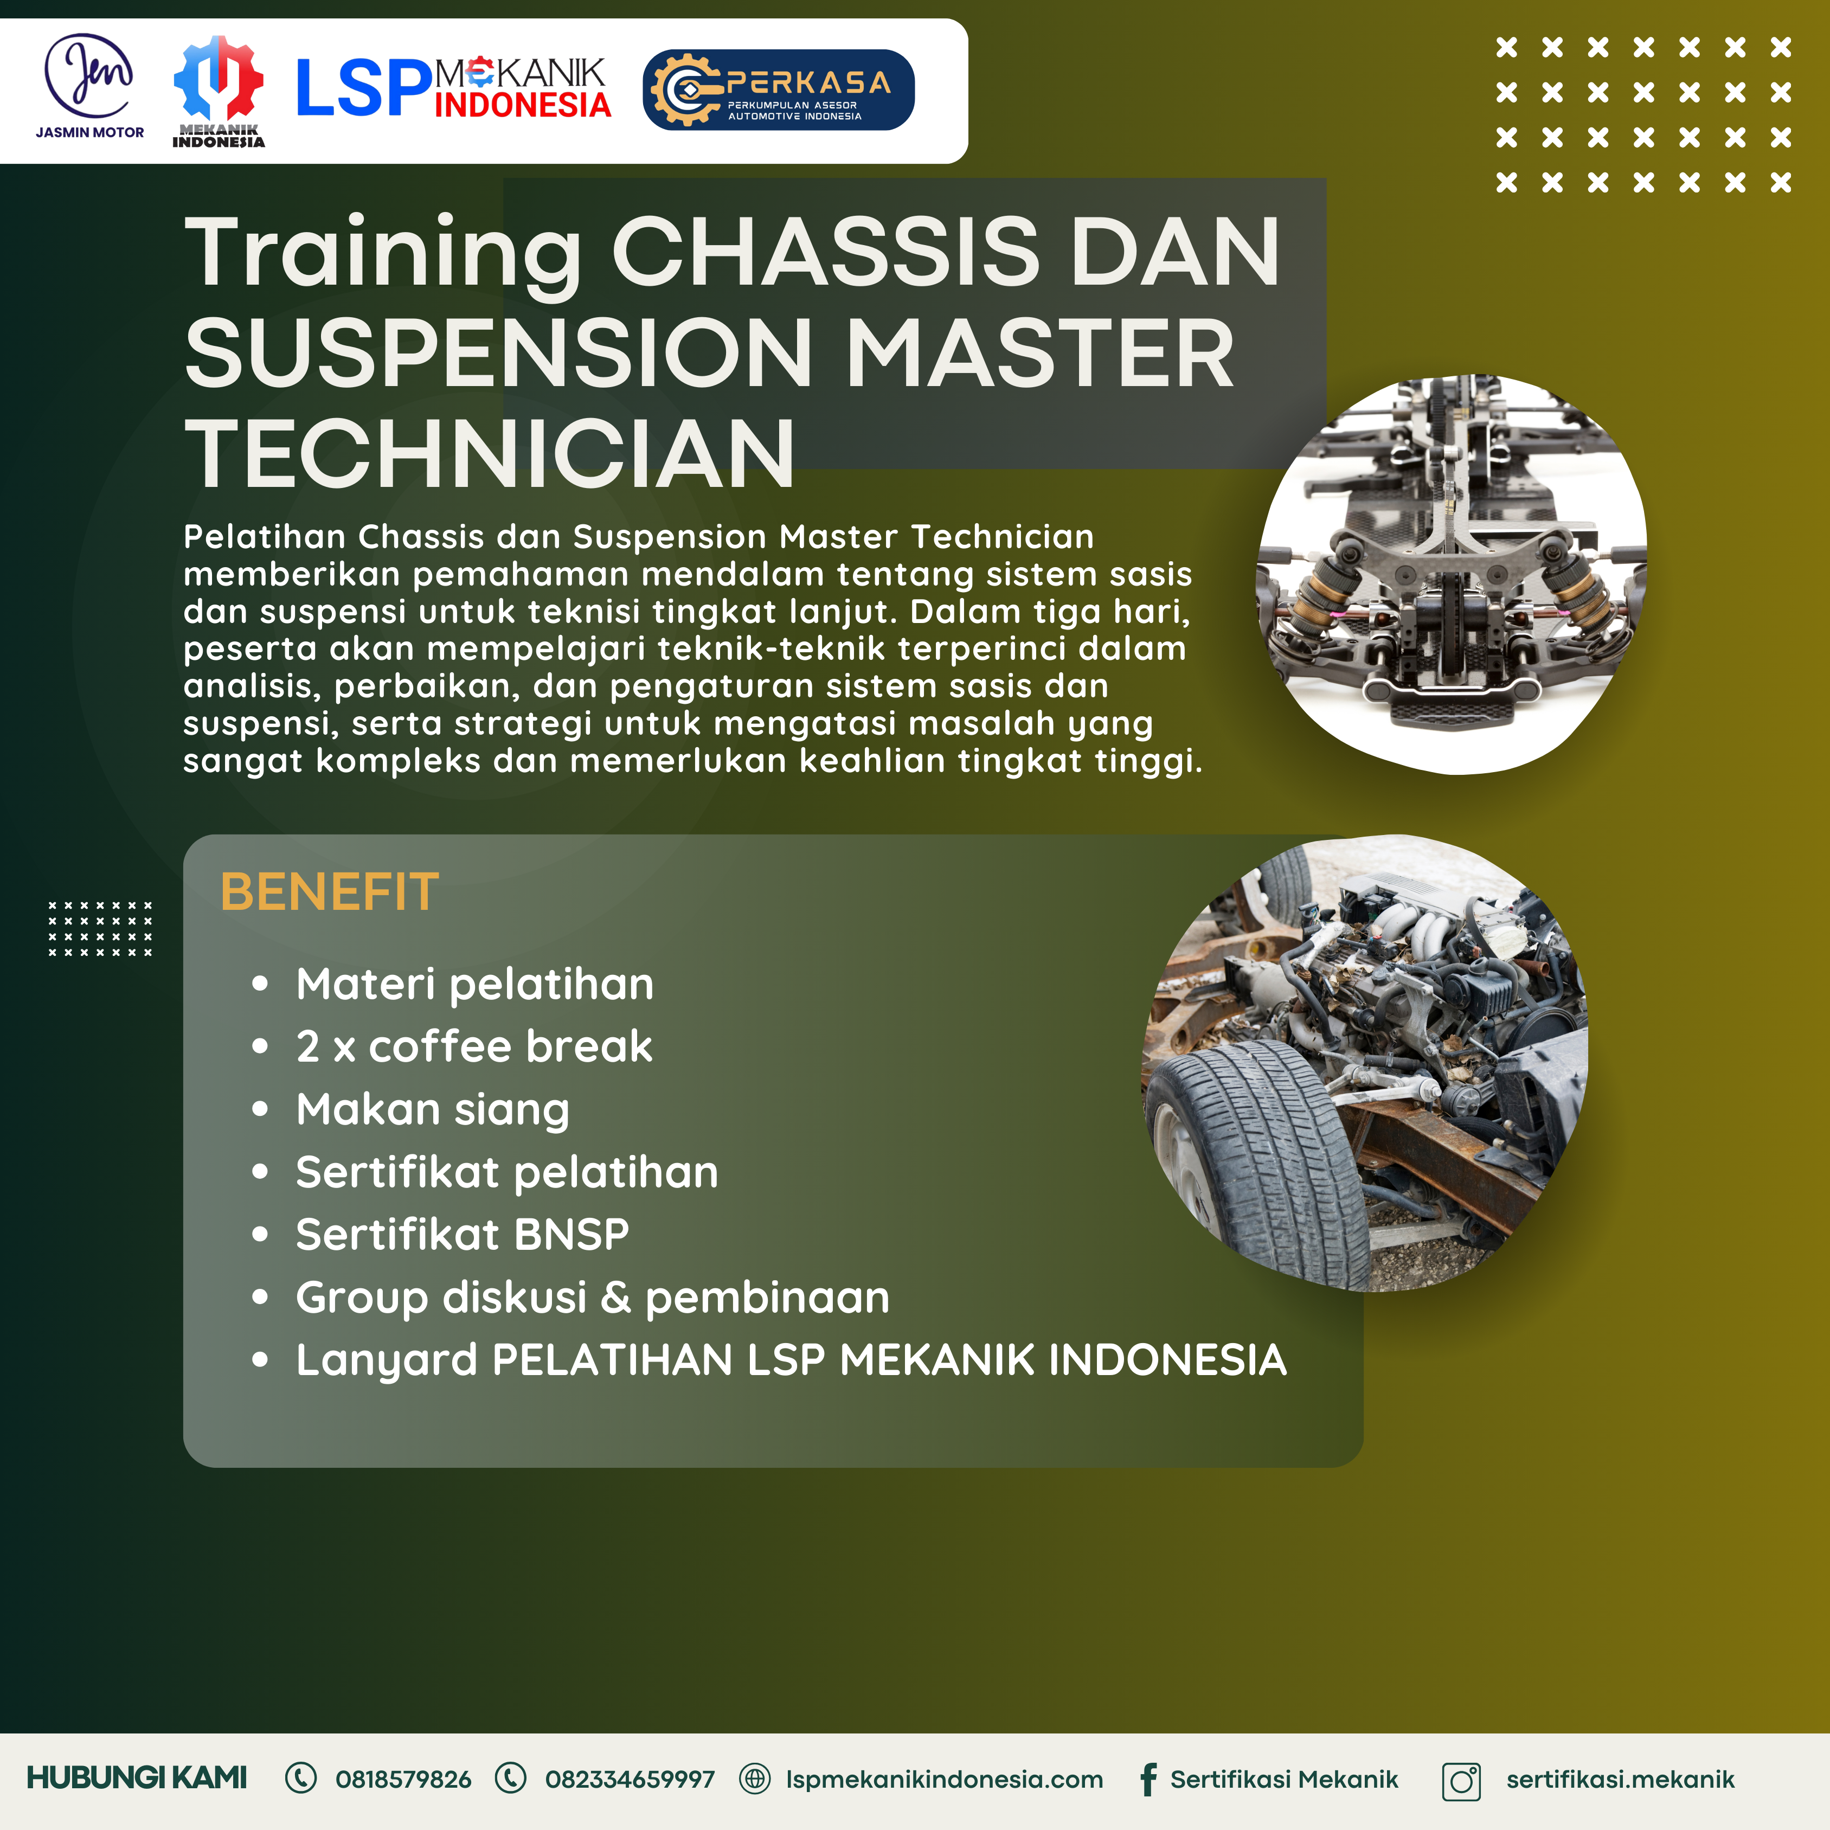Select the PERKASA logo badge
tap(779, 90)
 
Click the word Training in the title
tap(383, 254)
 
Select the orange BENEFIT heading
tap(330, 892)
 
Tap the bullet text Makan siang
tap(433, 1110)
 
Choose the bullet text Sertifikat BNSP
tap(462, 1234)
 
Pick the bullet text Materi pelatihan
tap(474, 984)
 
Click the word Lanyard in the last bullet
tap(387, 1361)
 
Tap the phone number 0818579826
tap(403, 1780)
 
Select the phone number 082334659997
tap(630, 1780)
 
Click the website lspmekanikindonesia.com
tap(945, 1780)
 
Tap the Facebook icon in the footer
tap(1148, 1780)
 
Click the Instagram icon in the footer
tap(1461, 1781)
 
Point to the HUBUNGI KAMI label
tap(137, 1778)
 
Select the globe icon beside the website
tap(754, 1779)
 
